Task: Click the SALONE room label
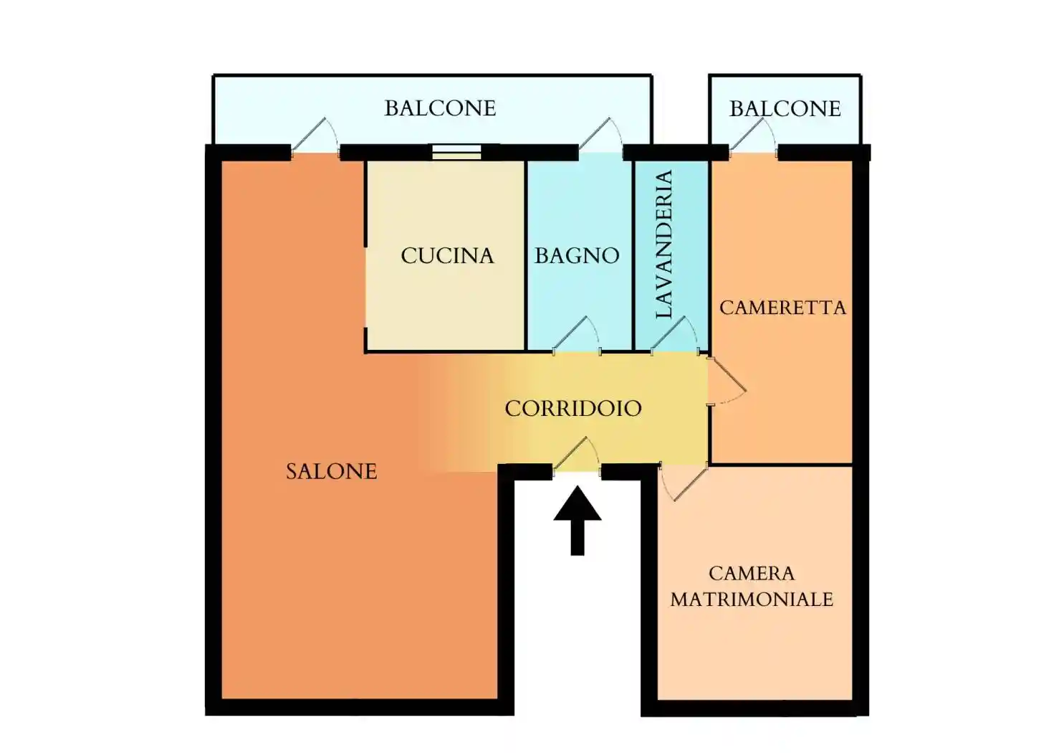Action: pos(332,472)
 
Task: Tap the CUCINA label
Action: pos(447,256)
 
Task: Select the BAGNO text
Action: pos(577,256)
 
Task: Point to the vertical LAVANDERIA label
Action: pos(664,245)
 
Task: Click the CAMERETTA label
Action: pos(783,308)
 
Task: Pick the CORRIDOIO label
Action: pos(573,408)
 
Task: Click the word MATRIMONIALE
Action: pos(752,600)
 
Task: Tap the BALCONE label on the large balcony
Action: pos(441,108)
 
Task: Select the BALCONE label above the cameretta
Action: pos(785,109)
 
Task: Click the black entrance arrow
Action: pos(577,520)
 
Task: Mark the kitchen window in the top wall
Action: pos(456,152)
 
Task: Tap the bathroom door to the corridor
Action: pos(577,336)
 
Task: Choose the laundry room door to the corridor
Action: pos(675,336)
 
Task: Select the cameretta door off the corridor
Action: pos(726,382)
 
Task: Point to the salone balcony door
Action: pos(315,138)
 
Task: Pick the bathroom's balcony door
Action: pos(601,138)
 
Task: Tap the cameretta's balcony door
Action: pos(753,138)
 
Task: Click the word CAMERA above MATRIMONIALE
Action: pos(752,573)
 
